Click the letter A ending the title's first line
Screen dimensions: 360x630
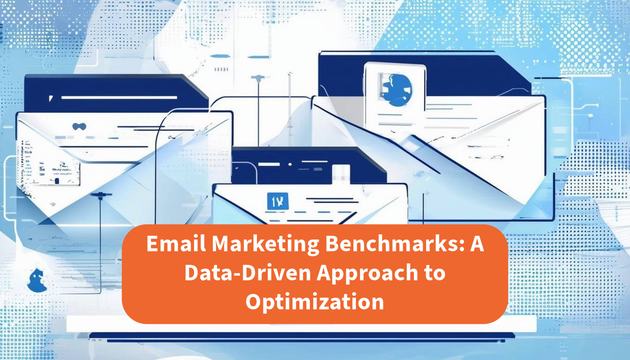click(x=477, y=245)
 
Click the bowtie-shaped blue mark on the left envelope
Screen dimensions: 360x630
click(x=80, y=126)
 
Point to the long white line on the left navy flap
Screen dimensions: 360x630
click(x=119, y=97)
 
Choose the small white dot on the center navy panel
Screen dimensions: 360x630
click(x=290, y=164)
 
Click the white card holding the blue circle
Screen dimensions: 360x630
click(x=395, y=94)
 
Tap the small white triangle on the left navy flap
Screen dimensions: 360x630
click(x=51, y=98)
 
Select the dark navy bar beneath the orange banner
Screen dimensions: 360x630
click(x=302, y=336)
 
